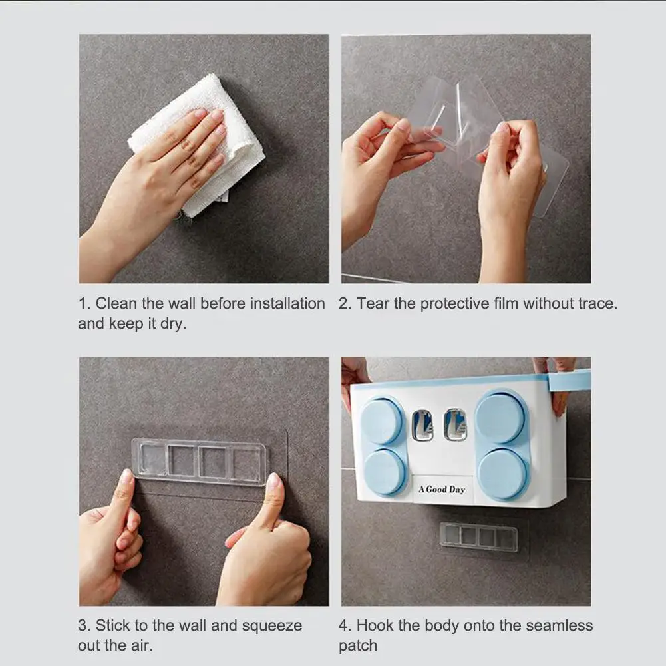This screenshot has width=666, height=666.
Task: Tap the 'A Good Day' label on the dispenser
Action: [442, 489]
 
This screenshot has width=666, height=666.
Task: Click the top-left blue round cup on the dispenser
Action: [382, 421]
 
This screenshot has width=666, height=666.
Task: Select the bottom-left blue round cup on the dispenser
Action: [385, 472]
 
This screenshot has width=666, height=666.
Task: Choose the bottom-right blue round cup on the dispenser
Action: [502, 474]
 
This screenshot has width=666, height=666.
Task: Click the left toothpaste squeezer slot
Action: [422, 425]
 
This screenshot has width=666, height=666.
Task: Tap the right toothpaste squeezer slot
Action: [455, 424]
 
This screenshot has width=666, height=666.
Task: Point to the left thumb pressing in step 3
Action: [126, 488]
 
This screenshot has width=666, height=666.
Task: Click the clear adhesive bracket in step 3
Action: [200, 462]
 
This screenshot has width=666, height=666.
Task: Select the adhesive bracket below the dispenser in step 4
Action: [478, 537]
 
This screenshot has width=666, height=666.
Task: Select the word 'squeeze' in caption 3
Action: [272, 626]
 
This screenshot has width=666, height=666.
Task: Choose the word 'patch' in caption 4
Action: [358, 646]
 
